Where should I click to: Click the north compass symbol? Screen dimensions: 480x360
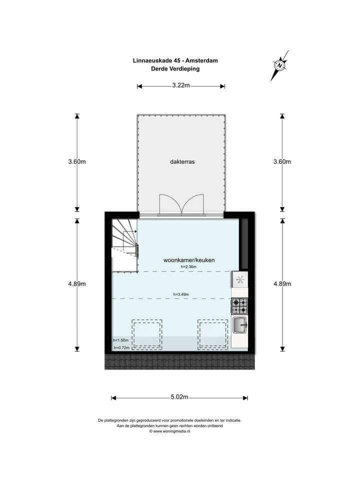tap(279, 65)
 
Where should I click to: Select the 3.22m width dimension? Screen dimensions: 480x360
tap(180, 86)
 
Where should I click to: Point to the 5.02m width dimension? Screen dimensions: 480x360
tap(179, 398)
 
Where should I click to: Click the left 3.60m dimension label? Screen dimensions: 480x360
tap(77, 162)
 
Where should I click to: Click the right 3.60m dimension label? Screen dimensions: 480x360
tap(282, 162)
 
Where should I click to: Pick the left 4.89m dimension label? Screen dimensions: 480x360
tap(77, 284)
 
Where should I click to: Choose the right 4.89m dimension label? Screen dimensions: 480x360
tap(282, 284)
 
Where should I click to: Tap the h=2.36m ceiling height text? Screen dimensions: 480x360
tap(188, 267)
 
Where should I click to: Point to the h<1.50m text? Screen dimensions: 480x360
tap(121, 340)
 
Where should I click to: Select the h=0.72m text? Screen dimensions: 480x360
tap(121, 347)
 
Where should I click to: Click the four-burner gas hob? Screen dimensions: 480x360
tap(239, 304)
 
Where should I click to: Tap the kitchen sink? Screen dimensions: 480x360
tap(240, 325)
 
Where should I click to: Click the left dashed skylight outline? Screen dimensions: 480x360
tap(147, 333)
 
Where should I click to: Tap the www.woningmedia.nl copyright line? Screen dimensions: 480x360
tap(170, 431)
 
